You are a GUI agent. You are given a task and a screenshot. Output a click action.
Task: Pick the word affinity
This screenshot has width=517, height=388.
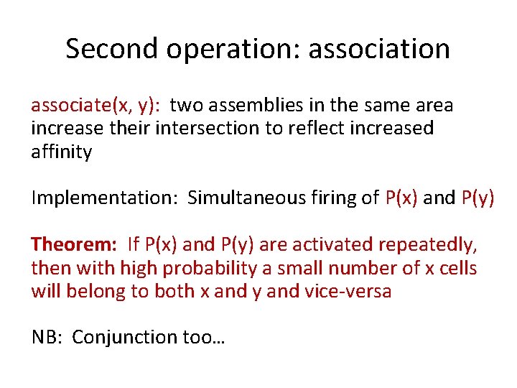click(61, 152)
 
